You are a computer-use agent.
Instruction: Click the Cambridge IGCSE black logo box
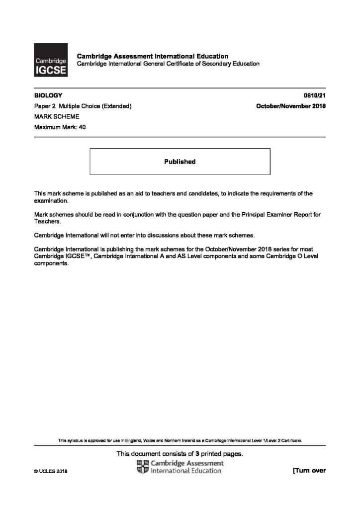(50, 60)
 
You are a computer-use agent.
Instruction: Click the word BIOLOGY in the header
(45, 95)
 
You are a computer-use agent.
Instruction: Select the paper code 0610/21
(314, 95)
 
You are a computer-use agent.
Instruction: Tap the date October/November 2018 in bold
(290, 106)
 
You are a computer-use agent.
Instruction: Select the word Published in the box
(180, 162)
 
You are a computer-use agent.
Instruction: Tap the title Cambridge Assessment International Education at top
(152, 56)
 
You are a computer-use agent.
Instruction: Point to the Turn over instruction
(309, 470)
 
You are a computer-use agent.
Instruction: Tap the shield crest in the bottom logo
(142, 467)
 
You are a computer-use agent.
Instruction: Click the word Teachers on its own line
(47, 224)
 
